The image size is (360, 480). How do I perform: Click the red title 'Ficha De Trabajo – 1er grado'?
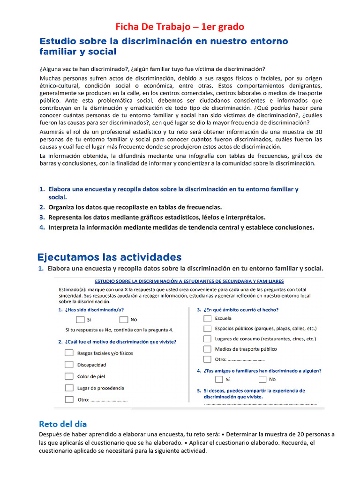pos(180,27)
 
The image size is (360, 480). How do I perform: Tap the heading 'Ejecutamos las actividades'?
pos(109,257)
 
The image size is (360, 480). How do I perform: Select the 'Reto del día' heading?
pos(63,424)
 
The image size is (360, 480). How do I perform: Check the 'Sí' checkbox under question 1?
pos(80,320)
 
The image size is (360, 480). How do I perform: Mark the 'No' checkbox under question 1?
pos(124,320)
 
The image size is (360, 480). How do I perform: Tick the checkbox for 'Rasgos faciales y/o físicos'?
pos(69,353)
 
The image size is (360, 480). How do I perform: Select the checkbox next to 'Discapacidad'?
pos(69,365)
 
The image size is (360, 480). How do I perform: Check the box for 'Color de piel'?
pos(69,376)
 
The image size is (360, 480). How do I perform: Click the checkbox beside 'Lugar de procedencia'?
pos(69,388)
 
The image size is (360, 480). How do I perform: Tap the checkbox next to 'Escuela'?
pos(207,318)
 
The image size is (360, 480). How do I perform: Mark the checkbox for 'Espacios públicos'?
pos(207,329)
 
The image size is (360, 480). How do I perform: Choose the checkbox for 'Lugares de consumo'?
pos(207,338)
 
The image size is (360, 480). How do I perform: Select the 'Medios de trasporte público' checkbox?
pos(207,349)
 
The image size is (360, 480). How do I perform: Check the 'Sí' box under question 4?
pos(219,379)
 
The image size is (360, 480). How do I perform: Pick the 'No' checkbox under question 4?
pos(262,379)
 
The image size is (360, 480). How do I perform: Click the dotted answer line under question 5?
pos(260,403)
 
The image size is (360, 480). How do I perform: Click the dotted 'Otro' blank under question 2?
pos(109,400)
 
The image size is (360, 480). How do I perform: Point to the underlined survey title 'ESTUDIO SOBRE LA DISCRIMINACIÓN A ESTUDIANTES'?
pos(189,281)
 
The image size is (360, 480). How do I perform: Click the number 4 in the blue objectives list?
pos(42,227)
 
